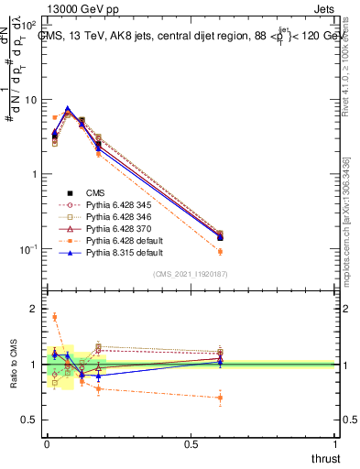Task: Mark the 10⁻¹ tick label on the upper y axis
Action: click(29, 249)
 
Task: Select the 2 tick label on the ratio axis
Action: click(33, 309)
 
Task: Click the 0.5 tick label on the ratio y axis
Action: click(29, 420)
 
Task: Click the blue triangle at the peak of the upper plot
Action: click(68, 109)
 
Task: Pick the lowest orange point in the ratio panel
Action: click(220, 398)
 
